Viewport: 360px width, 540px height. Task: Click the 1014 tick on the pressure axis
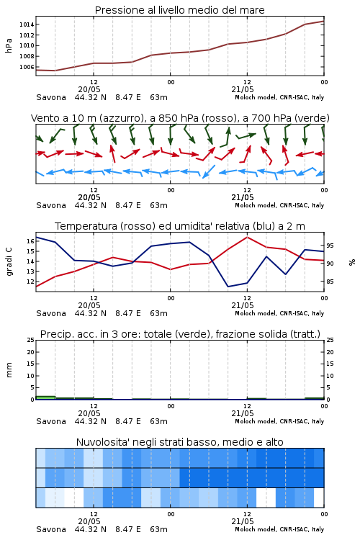27,24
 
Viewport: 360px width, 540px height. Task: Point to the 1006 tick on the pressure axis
27,67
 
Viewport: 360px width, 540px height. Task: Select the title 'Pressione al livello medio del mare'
180,10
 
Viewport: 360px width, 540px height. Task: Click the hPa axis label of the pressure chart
9,45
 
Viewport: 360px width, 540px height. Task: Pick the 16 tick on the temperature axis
30,241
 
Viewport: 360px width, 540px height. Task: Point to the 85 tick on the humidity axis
330,282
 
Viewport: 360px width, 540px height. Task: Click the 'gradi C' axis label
9,261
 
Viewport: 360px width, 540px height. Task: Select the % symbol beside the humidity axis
352,262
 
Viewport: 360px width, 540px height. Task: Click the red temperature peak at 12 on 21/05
247,237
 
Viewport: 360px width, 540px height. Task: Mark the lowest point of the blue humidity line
228,287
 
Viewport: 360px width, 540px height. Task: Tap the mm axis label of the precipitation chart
9,369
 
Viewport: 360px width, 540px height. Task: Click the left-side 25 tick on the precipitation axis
30,340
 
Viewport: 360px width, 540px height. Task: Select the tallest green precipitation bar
45,397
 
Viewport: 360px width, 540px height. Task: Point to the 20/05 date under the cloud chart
89,521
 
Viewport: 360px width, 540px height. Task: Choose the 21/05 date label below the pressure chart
243,89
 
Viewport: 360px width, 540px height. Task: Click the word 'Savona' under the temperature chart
51,313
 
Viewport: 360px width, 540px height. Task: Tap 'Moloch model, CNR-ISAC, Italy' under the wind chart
279,205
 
